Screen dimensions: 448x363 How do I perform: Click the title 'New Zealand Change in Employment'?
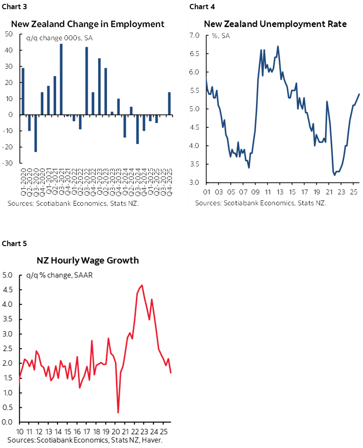click(88, 24)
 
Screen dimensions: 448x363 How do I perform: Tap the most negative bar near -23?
click(36, 133)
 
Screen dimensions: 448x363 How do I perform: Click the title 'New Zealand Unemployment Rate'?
click(275, 24)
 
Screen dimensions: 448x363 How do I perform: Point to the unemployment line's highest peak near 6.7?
click(278, 46)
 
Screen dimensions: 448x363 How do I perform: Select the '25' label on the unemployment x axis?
click(354, 191)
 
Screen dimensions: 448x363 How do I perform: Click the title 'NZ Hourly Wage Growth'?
click(87, 260)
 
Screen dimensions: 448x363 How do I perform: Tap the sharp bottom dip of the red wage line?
click(118, 412)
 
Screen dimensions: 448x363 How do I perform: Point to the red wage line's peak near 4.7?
click(142, 286)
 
